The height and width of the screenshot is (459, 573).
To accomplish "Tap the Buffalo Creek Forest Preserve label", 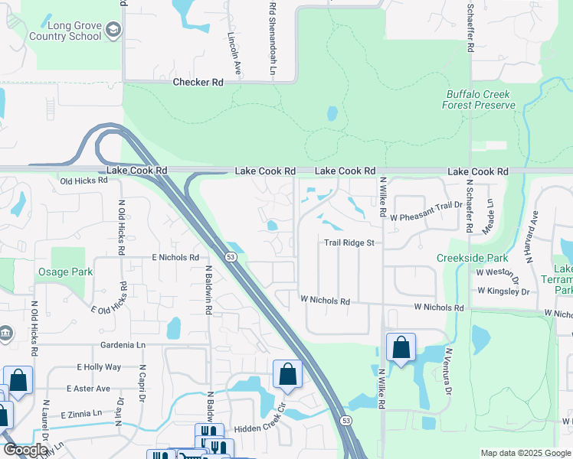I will [479, 99].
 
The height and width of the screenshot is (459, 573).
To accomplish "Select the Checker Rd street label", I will [198, 82].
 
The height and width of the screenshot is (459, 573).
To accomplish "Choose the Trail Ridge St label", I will [349, 243].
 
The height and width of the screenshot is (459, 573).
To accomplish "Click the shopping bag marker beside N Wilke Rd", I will [401, 348].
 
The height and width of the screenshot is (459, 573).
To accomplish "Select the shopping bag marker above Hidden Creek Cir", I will [287, 374].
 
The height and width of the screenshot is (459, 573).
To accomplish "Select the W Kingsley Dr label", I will [503, 291].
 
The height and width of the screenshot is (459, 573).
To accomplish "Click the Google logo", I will [26, 450].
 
